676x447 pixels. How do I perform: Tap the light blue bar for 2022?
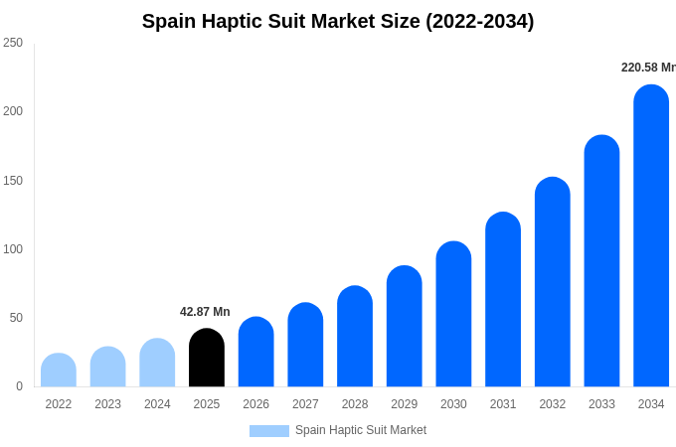(x=59, y=371)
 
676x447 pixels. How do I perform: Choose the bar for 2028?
(x=355, y=337)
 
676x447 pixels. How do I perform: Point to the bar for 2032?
(x=553, y=282)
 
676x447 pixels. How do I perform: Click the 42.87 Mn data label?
(x=205, y=312)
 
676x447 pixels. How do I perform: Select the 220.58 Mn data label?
(x=648, y=68)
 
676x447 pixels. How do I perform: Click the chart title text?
(x=338, y=21)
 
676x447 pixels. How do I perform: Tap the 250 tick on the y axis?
(x=13, y=43)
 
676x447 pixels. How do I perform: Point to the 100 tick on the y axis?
(x=13, y=249)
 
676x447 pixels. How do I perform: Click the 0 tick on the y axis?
(x=19, y=386)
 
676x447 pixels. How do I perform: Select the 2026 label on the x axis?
(x=256, y=404)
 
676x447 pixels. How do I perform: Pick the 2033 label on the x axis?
(x=601, y=404)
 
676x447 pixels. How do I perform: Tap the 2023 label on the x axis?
(x=108, y=404)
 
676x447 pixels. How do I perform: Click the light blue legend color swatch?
(x=268, y=431)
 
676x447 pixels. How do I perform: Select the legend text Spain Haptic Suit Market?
(x=361, y=430)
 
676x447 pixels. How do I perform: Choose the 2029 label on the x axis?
(x=405, y=404)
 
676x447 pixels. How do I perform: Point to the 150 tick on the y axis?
(x=13, y=181)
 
